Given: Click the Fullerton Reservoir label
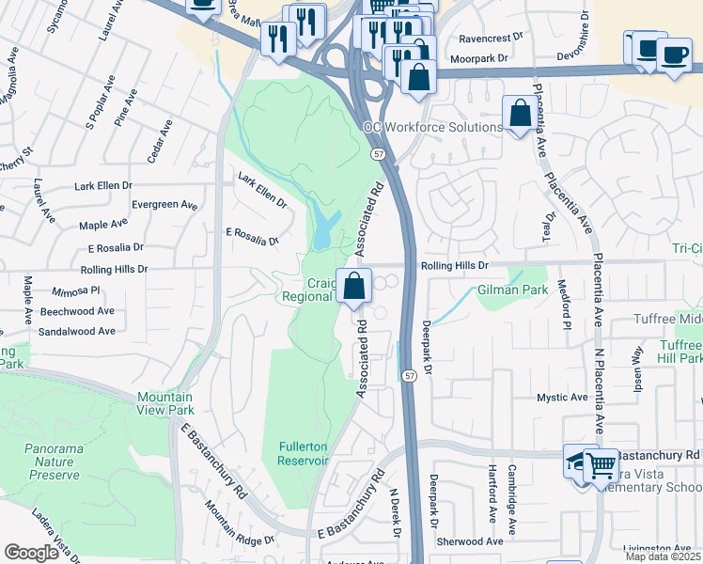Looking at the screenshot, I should [303, 453].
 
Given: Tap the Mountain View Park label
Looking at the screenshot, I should [165, 403].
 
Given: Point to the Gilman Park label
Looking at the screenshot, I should [512, 290].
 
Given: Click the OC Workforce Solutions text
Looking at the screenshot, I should [433, 127].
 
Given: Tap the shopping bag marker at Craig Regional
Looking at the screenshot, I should [353, 287].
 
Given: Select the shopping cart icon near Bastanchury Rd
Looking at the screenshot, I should [601, 463].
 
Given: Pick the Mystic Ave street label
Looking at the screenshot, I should [562, 399].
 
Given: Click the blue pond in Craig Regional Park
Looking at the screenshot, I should [325, 228].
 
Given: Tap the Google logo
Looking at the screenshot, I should [31, 553].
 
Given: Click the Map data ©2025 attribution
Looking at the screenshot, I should [661, 556].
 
